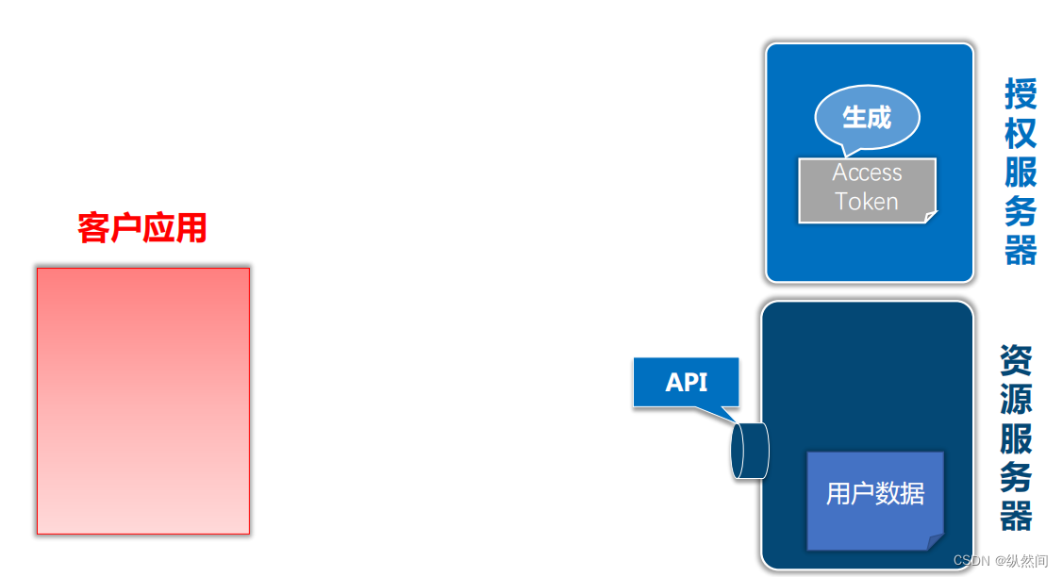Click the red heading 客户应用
(x=142, y=228)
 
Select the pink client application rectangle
(x=143, y=401)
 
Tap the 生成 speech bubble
(x=867, y=118)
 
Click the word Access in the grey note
(x=867, y=173)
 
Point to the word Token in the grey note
(x=867, y=201)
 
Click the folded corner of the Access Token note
(x=931, y=218)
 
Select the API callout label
(x=686, y=382)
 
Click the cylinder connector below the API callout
(x=750, y=451)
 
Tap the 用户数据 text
(x=875, y=493)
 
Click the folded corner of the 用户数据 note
(x=936, y=542)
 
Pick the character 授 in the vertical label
(x=1021, y=93)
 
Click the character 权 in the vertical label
(x=1021, y=133)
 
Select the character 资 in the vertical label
(x=1016, y=359)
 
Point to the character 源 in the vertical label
(x=1016, y=398)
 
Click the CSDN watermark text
(x=1000, y=560)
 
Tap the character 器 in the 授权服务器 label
(x=1021, y=251)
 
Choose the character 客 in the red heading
(x=94, y=228)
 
